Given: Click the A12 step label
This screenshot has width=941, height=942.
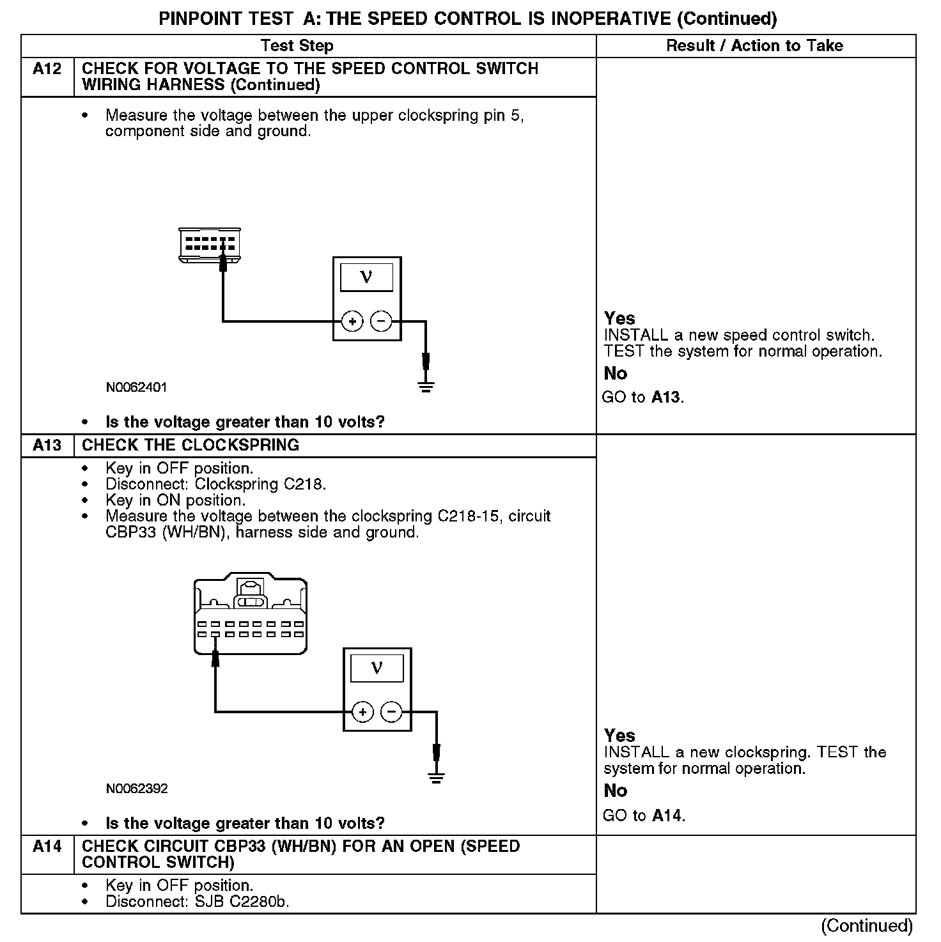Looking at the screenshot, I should (x=47, y=69).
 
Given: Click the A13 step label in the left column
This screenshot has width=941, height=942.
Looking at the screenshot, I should (x=47, y=445).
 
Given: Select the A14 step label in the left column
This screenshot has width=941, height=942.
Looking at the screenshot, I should (x=47, y=847).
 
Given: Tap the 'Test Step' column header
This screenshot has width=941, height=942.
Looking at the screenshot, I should (x=297, y=46).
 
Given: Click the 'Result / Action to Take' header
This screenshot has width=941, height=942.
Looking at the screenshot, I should (x=754, y=46).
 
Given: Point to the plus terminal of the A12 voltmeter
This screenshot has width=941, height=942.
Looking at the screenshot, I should (x=352, y=321).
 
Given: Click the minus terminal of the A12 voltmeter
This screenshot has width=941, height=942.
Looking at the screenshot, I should (x=382, y=321).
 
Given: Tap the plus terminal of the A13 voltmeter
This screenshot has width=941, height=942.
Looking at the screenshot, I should (x=362, y=712).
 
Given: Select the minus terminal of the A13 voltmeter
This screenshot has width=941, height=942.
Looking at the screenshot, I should (x=392, y=712).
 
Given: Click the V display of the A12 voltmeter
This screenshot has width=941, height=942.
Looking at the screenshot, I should (x=366, y=277).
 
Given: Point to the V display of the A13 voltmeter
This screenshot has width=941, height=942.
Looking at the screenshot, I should (x=377, y=668).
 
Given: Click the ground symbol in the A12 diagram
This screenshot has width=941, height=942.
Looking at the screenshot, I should (x=426, y=386).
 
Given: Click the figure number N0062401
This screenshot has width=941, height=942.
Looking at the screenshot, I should (x=137, y=387).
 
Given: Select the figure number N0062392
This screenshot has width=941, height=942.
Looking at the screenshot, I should (x=137, y=789).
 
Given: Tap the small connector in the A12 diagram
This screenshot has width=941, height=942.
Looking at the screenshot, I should (x=210, y=244).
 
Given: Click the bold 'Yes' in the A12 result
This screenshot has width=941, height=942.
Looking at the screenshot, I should (x=619, y=318).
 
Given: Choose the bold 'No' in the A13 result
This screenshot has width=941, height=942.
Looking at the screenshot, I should (x=615, y=791).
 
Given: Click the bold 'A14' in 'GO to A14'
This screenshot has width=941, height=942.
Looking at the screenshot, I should (x=667, y=816).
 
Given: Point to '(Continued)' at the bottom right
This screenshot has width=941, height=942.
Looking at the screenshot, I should (x=866, y=926).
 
